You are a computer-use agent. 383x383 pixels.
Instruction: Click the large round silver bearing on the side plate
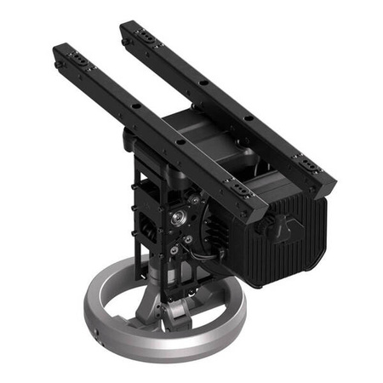click(x=179, y=219)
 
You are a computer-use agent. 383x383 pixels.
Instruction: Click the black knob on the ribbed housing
click(x=270, y=225)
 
